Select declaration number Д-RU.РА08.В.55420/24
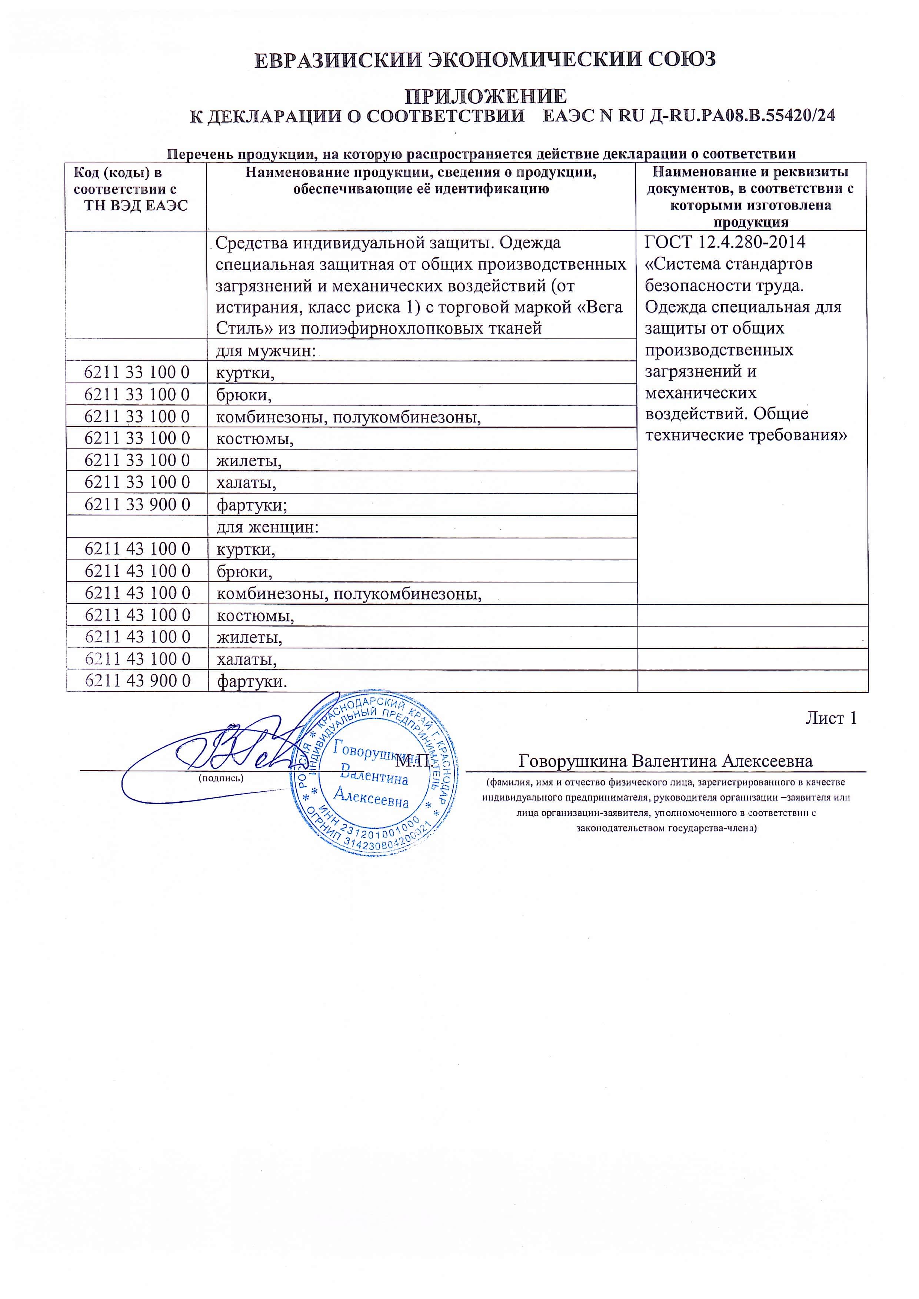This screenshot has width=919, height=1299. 741,116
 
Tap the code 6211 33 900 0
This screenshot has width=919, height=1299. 137,504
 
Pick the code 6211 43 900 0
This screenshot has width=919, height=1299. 137,681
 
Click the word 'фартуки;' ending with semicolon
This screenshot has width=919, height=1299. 252,505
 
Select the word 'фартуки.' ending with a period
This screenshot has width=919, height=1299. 252,681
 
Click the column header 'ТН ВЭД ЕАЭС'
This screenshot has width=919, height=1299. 136,206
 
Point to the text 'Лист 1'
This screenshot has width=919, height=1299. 831,718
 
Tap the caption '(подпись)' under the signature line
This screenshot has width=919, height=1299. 221,778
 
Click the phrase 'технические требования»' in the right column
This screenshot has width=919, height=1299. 746,435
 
